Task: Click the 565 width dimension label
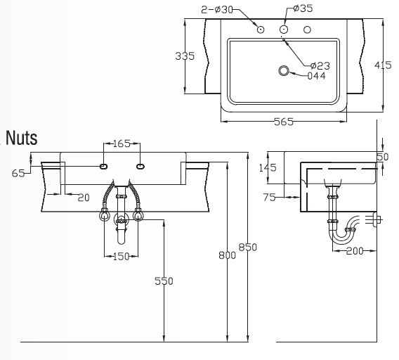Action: [x=284, y=122]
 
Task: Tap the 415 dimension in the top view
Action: [x=383, y=65]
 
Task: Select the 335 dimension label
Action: [x=185, y=56]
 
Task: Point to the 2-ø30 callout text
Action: [x=217, y=10]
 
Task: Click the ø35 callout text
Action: [x=303, y=8]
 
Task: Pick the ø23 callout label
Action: [x=320, y=65]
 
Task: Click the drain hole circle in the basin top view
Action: [x=284, y=70]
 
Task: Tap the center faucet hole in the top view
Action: [x=284, y=30]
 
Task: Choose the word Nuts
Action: [x=22, y=138]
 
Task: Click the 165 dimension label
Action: [x=122, y=143]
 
